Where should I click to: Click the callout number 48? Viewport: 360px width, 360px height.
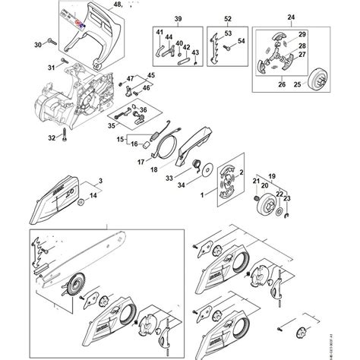pos(117,5)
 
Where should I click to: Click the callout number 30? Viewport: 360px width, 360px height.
pos(39,46)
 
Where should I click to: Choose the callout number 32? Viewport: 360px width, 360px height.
pos(52,137)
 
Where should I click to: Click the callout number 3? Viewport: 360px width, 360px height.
pos(100,180)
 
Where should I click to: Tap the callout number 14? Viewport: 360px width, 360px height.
pos(93,196)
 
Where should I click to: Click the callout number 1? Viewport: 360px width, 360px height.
pos(203,194)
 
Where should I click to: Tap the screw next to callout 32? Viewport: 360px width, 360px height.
pos(67,138)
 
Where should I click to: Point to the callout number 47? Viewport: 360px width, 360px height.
pos(130,79)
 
